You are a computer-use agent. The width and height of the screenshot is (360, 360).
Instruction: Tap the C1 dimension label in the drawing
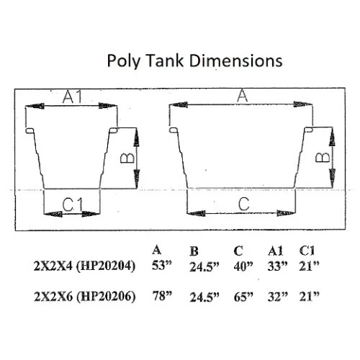point(72,204)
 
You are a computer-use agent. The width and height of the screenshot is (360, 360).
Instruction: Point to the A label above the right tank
point(242,95)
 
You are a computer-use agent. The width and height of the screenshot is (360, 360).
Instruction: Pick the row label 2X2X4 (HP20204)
point(86,266)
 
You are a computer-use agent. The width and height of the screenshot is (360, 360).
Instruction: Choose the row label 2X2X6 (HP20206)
point(86,296)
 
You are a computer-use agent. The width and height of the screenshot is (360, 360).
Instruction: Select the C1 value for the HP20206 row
point(310,296)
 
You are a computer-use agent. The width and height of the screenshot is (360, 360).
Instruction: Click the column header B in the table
point(194,253)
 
